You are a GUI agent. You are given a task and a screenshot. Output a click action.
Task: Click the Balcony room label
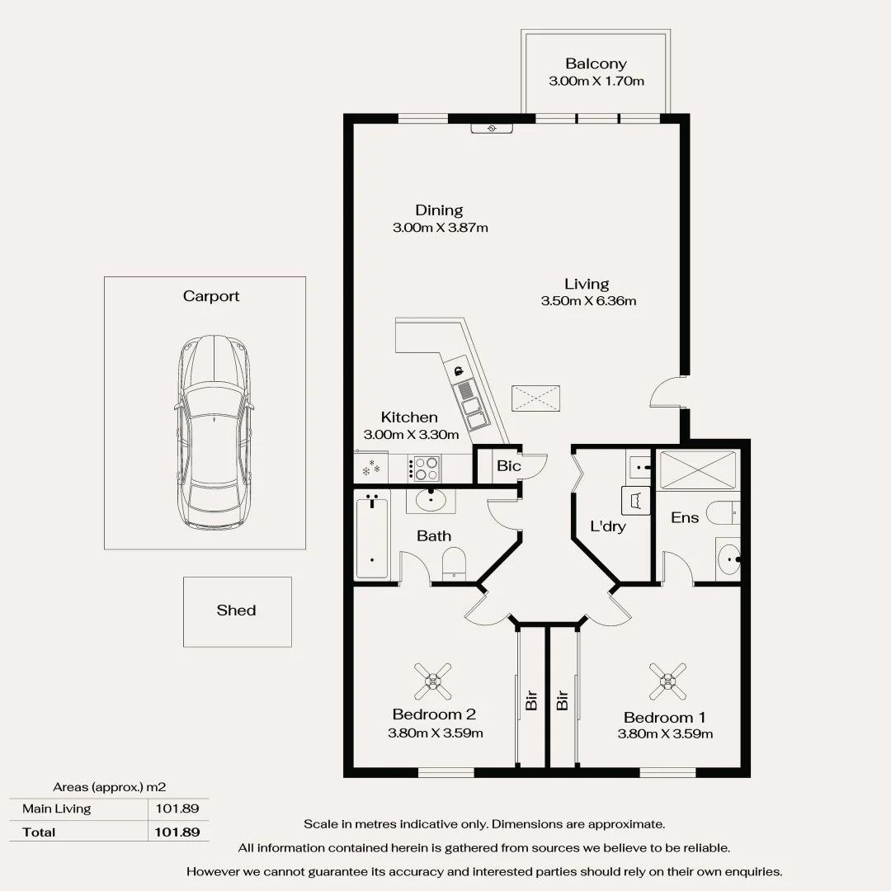point(596,64)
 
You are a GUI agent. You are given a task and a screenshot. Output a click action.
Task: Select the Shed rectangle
point(237,611)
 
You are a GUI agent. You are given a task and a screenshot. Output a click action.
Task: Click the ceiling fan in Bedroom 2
point(433,681)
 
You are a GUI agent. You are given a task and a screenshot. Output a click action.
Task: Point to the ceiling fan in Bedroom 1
point(667,681)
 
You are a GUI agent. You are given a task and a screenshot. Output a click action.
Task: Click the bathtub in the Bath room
point(371,536)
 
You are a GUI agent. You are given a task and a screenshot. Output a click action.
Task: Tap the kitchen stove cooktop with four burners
point(426,468)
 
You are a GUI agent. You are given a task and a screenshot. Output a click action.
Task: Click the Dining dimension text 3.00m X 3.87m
point(440,227)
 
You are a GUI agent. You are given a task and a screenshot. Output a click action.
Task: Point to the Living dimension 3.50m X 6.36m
point(588,301)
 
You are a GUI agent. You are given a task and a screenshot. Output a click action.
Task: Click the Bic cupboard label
point(508,466)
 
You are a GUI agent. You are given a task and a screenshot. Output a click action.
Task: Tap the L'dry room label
point(607,526)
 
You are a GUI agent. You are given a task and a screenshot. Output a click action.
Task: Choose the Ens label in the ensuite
point(685,518)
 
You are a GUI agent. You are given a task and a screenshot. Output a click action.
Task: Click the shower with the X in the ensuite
point(697,469)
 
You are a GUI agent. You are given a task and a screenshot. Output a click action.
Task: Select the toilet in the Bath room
point(455,563)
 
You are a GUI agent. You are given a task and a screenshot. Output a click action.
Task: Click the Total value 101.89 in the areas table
point(177,832)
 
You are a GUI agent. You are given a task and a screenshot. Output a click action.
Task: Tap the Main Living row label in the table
point(57,808)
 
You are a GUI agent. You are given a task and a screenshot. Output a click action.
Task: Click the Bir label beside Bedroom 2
point(531,700)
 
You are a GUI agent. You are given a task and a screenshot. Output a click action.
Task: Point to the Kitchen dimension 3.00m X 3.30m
point(411,434)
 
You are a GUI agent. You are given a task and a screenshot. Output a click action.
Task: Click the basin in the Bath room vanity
point(431,499)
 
